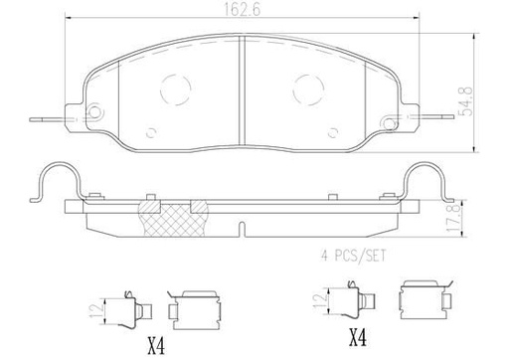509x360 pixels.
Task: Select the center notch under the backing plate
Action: [244, 230]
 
